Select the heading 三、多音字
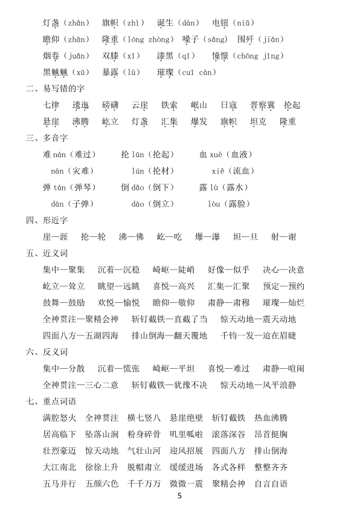click(47, 138)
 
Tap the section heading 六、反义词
click(47, 351)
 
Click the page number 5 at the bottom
click(179, 496)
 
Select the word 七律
click(51, 105)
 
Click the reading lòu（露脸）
click(228, 204)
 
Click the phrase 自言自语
click(271, 484)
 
